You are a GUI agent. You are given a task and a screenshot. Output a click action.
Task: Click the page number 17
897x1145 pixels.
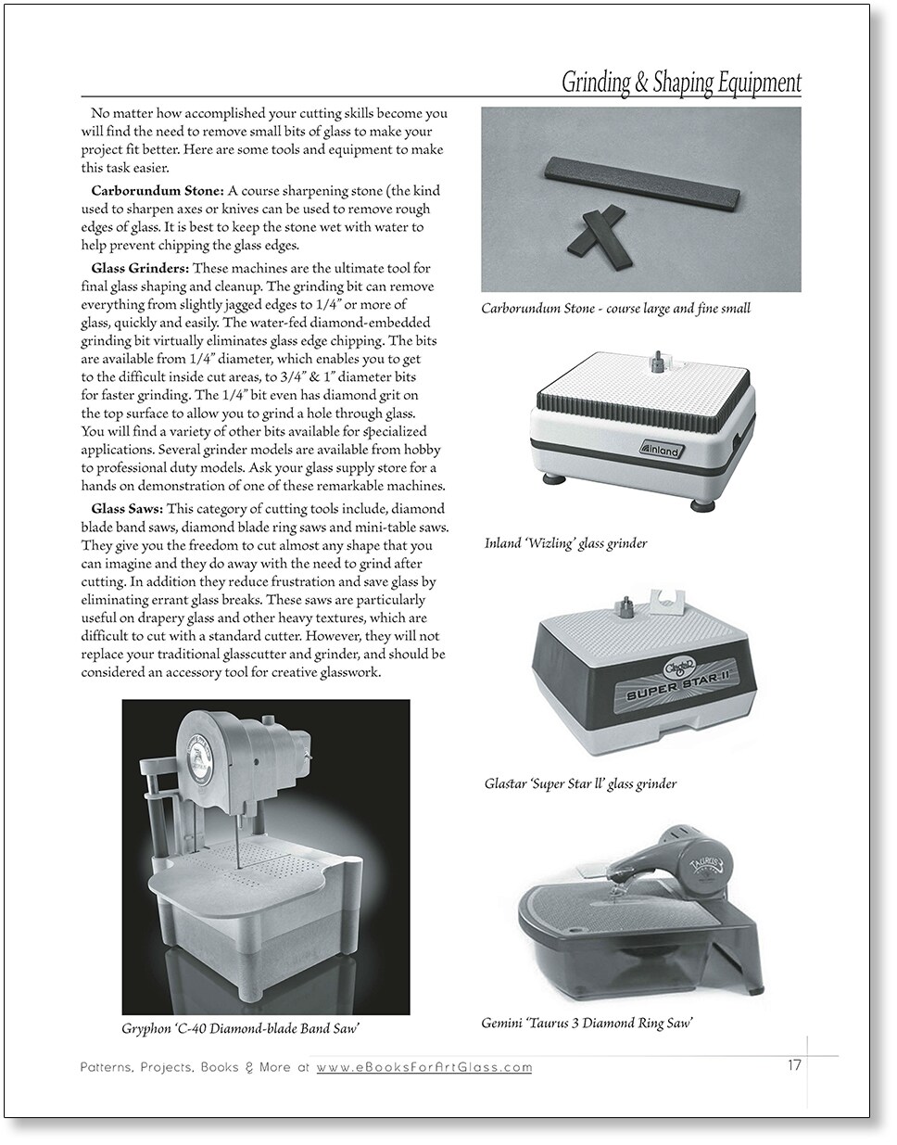pyautogui.click(x=794, y=1065)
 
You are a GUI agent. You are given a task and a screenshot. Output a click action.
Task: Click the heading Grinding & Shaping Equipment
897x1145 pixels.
pyautogui.click(x=681, y=83)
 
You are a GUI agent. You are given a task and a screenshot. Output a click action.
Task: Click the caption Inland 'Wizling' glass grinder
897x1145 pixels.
pyautogui.click(x=565, y=543)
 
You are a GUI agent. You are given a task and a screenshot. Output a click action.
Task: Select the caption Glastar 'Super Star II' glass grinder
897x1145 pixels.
pyautogui.click(x=580, y=783)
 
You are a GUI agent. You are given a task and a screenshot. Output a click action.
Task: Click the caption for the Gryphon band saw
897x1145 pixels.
pyautogui.click(x=240, y=1028)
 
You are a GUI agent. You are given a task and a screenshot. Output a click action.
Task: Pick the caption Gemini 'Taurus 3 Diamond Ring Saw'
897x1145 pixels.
pyautogui.click(x=587, y=1024)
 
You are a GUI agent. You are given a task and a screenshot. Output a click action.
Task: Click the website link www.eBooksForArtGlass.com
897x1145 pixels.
pyautogui.click(x=424, y=1067)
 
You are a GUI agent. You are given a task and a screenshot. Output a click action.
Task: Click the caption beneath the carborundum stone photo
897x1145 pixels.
pyautogui.click(x=615, y=308)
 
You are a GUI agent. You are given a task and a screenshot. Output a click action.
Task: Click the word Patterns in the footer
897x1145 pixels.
pyautogui.click(x=106, y=1067)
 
